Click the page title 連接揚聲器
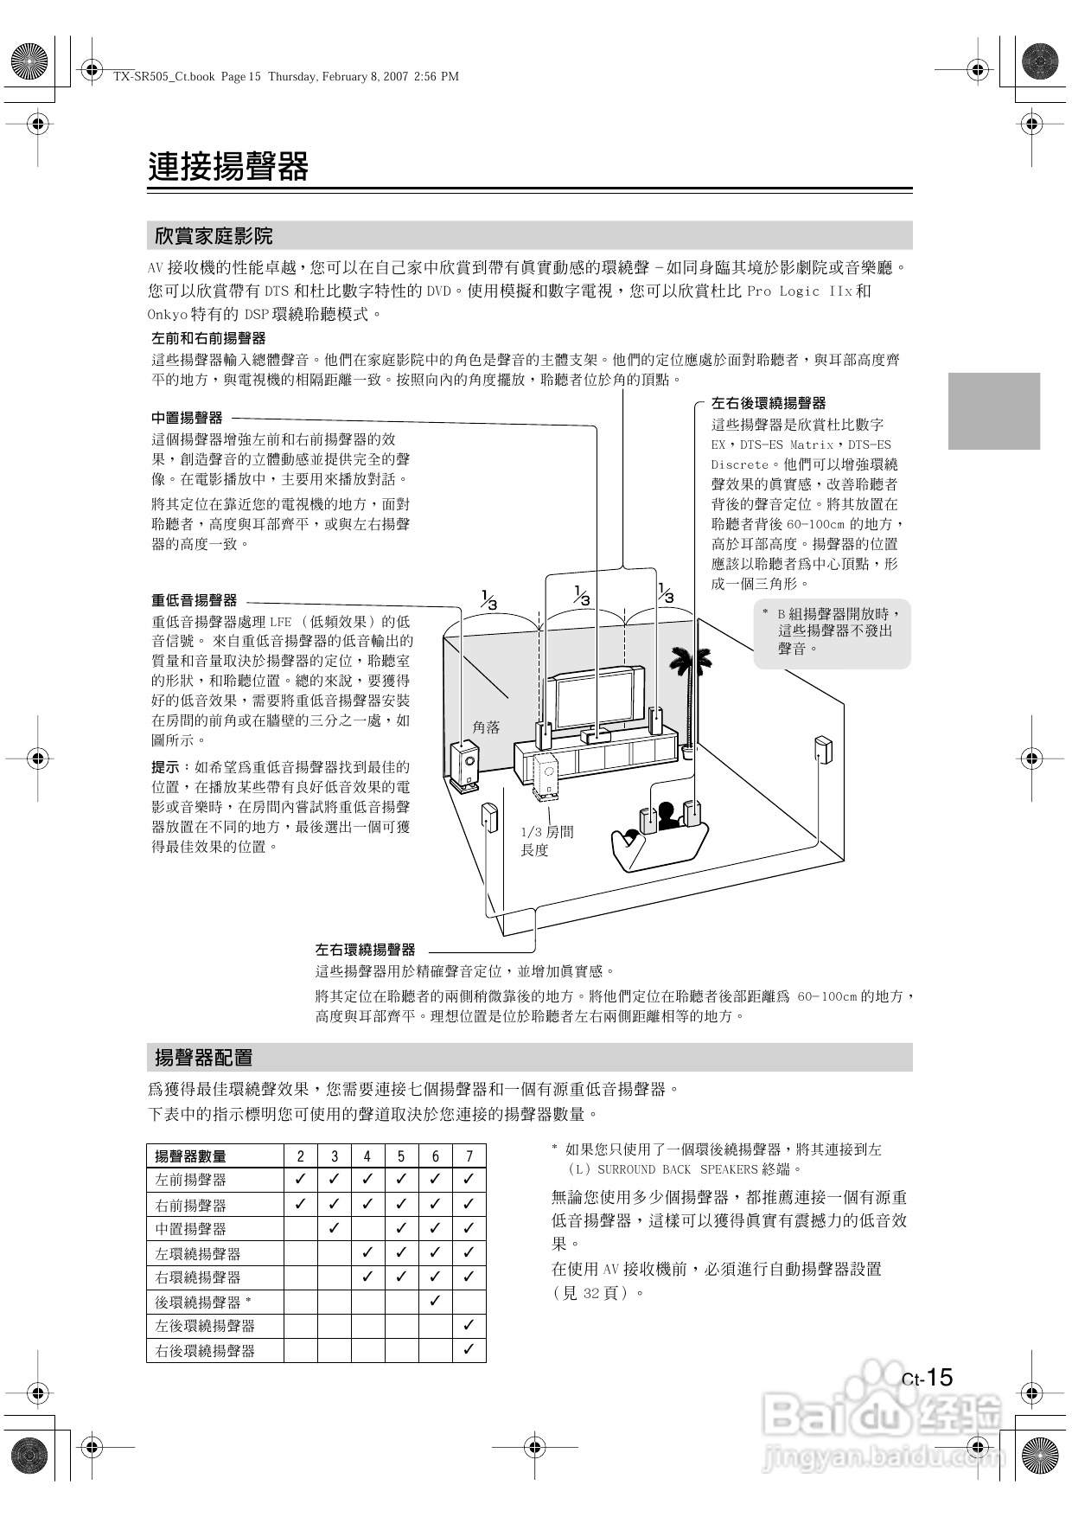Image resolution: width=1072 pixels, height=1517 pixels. tap(228, 166)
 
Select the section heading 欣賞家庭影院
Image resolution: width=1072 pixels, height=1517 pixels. tap(214, 235)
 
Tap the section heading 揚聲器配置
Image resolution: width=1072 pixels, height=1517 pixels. tap(203, 1057)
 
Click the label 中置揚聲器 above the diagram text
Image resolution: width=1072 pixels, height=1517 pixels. tap(187, 418)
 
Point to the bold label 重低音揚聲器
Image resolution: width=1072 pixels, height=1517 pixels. tap(194, 600)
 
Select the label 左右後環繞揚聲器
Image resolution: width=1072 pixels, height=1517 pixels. tap(768, 403)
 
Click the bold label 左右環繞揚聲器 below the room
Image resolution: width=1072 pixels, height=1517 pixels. tap(365, 949)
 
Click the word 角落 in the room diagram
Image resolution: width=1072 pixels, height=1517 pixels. tap(486, 727)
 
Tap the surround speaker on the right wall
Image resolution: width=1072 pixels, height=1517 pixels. tap(822, 751)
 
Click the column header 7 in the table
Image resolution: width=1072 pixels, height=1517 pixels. tap(469, 1156)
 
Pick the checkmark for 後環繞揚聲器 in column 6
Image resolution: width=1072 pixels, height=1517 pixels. tap(435, 1301)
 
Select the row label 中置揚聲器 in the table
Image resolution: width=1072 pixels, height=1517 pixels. tap(190, 1229)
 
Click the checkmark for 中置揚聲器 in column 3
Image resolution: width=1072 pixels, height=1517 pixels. tap(335, 1228)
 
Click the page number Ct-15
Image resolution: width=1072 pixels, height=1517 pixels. tap(927, 1378)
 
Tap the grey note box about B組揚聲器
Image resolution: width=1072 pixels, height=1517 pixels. tap(832, 632)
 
